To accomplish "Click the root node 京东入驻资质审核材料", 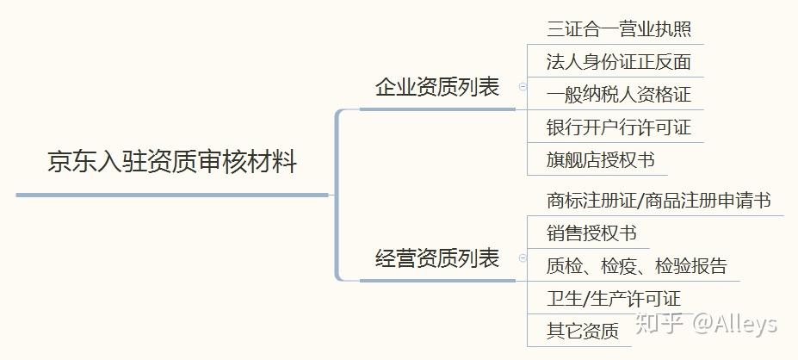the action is [172, 162].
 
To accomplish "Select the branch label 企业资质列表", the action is [437, 87].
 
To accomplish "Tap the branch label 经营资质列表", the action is [437, 258].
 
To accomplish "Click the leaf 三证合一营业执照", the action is [618, 28].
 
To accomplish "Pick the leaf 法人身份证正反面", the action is [618, 61].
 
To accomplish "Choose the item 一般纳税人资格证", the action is [618, 94].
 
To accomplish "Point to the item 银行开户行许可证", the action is [618, 127].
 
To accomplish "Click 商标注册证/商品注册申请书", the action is [658, 201].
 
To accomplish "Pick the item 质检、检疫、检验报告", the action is [636, 265].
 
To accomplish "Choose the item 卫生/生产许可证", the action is [613, 299].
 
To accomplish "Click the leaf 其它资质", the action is [582, 331].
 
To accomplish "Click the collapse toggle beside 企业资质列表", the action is [522, 86].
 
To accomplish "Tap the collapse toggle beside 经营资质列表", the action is [522, 258].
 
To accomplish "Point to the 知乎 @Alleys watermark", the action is [705, 323].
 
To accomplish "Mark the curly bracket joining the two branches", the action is [338, 195].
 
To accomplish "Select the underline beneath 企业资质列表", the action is [437, 109].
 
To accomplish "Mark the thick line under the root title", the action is [172, 195].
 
